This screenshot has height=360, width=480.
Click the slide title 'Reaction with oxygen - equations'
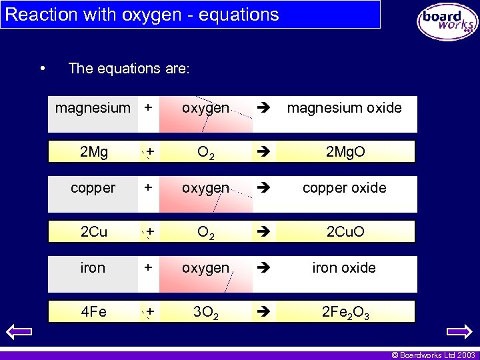pyautogui.click(x=141, y=15)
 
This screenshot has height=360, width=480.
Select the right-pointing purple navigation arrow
pyautogui.click(x=459, y=331)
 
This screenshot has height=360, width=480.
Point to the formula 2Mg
pyautogui.click(x=93, y=153)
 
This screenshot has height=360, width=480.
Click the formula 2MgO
pyautogui.click(x=345, y=153)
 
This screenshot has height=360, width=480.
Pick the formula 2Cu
pyautogui.click(x=93, y=232)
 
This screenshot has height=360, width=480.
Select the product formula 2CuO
pyautogui.click(x=345, y=232)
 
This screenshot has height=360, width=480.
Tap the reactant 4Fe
pyautogui.click(x=93, y=311)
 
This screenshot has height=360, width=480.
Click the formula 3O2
pyautogui.click(x=206, y=312)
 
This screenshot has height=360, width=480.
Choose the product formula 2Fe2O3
pyautogui.click(x=345, y=312)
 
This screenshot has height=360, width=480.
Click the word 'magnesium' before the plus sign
pyautogui.click(x=93, y=108)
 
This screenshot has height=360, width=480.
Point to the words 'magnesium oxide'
pyautogui.click(x=344, y=108)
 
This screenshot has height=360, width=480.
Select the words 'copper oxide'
pyautogui.click(x=344, y=188)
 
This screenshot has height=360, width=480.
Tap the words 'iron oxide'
pyautogui.click(x=344, y=268)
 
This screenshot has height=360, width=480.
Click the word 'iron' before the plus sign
pyautogui.click(x=93, y=268)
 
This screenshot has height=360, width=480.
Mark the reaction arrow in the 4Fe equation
pyautogui.click(x=261, y=311)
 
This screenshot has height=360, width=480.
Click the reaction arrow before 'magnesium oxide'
pyautogui.click(x=261, y=108)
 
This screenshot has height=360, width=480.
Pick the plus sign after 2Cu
pyautogui.click(x=151, y=232)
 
